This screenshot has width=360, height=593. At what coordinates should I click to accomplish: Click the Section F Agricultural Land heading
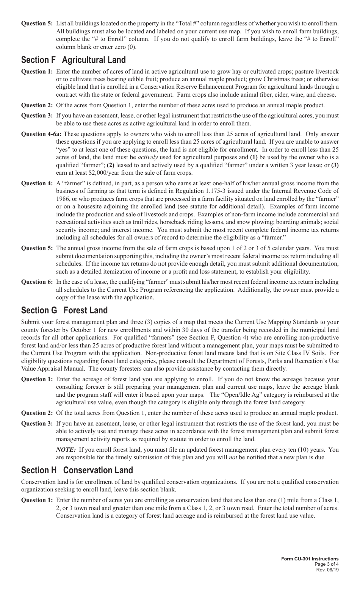coord(73,60)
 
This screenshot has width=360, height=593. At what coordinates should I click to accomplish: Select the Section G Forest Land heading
coord(64,310)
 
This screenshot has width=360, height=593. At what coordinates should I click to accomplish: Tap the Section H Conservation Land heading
coord(77,470)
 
